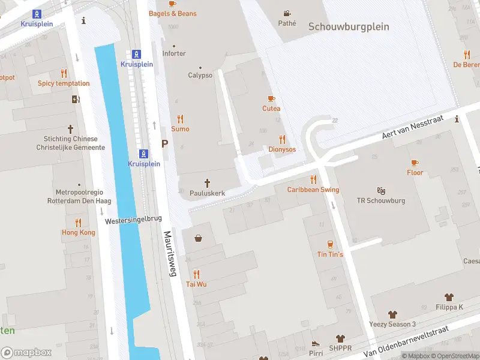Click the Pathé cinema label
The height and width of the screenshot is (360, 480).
tap(287, 23)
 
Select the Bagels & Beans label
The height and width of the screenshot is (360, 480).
tap(173, 13)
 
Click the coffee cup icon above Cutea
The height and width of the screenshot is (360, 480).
tap(271, 98)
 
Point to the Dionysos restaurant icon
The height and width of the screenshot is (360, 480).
tap(282, 139)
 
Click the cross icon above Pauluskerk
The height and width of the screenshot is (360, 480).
tap(208, 183)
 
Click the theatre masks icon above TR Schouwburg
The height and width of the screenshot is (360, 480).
tap(381, 191)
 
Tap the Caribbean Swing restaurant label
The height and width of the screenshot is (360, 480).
tap(313, 190)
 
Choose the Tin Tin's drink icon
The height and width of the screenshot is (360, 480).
tap(330, 244)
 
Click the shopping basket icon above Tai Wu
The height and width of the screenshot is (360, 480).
tap(198, 238)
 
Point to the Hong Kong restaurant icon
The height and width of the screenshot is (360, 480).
tap(78, 223)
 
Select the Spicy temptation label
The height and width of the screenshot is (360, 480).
tap(64, 83)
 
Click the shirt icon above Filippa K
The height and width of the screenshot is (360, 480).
tap(449, 297)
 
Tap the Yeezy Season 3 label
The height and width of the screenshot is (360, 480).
tap(392, 325)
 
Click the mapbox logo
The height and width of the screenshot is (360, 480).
tap(26, 353)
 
